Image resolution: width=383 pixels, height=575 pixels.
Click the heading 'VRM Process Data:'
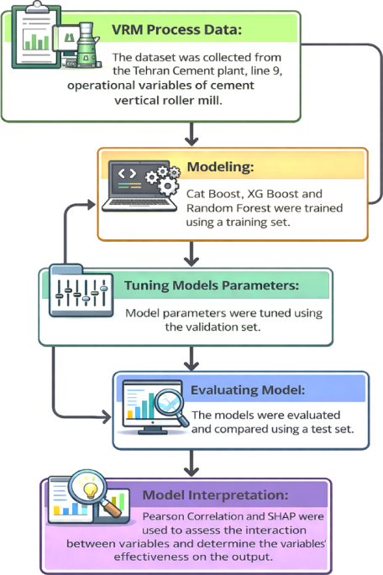pos(176,29)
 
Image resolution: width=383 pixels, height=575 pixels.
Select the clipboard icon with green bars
pos(35,36)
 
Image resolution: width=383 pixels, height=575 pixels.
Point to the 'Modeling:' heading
pos(220,167)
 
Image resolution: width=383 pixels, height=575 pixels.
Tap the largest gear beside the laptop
pos(168,186)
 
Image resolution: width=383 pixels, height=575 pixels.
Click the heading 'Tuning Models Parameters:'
pos(212,285)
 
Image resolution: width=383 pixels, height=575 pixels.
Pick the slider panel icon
pos(81,292)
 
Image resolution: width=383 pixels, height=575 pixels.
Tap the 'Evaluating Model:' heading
pos(248,389)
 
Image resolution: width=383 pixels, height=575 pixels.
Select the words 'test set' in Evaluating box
pos(331,429)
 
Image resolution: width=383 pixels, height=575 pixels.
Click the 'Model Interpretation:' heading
pos(215,495)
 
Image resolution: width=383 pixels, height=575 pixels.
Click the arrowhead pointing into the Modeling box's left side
pos(91,205)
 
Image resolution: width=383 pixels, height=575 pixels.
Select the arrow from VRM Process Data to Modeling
pos(191,134)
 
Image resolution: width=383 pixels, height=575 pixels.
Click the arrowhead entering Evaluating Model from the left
pos(107,417)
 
